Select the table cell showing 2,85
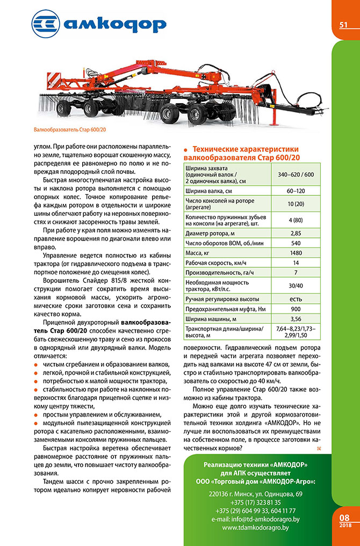click(x=296, y=232)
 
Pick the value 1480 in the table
click(x=296, y=252)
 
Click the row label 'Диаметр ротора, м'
click(x=211, y=232)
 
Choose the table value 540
click(x=296, y=242)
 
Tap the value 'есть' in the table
click(x=296, y=299)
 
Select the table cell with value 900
click(x=296, y=309)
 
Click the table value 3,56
click(x=296, y=319)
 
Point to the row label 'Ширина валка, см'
click(x=208, y=191)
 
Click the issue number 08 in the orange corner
click(x=344, y=516)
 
